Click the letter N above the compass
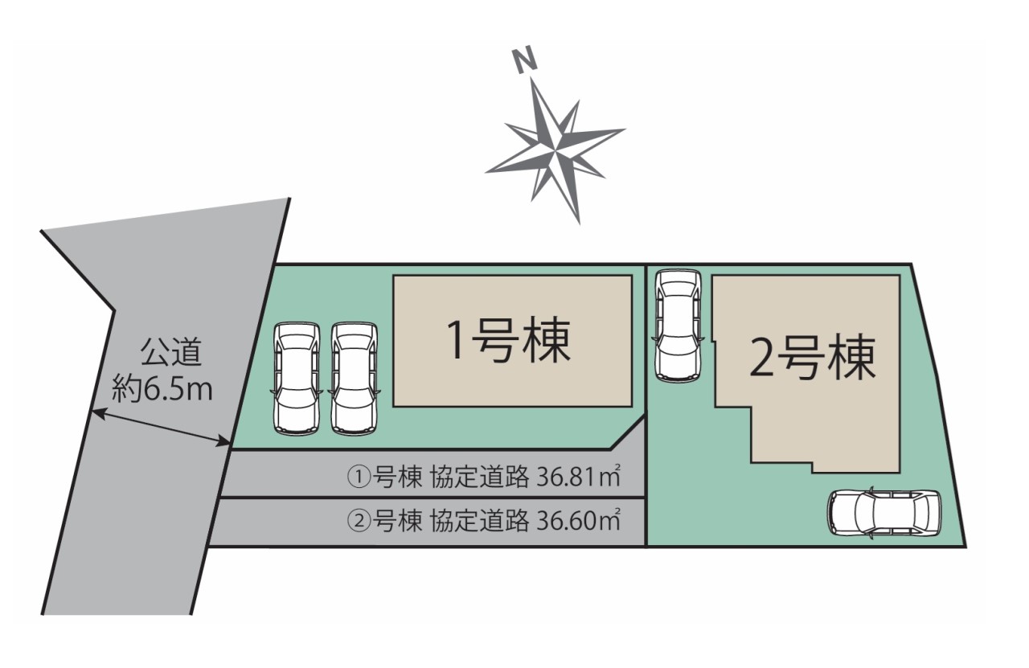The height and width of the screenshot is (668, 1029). (x=525, y=61)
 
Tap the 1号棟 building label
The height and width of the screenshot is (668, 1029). (x=509, y=341)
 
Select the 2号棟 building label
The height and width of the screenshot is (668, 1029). (x=812, y=359)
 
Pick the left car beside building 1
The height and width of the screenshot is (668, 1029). (x=297, y=379)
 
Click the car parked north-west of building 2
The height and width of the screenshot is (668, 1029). (x=678, y=326)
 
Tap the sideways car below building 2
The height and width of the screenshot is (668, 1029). (x=883, y=512)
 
